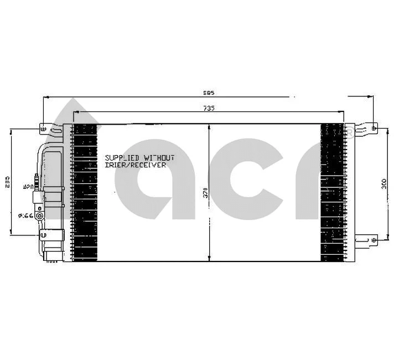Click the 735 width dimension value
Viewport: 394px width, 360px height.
pos(208,108)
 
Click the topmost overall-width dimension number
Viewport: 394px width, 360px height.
pos(208,93)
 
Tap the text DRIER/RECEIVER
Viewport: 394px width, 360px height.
pos(135,165)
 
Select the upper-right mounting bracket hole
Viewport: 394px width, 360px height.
pos(374,128)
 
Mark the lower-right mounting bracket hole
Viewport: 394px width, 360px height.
pos(374,239)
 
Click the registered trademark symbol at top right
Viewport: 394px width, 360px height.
pos(350,131)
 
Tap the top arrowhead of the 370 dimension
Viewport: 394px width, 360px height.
pos(209,126)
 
